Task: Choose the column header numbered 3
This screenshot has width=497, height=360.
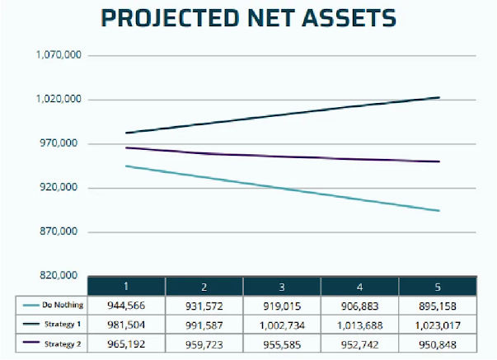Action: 282,285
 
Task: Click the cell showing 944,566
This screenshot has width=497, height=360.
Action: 126,305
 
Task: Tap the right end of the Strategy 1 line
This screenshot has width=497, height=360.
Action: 439,97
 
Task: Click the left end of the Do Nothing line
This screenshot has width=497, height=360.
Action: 125,166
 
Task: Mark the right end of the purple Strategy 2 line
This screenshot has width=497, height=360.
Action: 439,161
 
